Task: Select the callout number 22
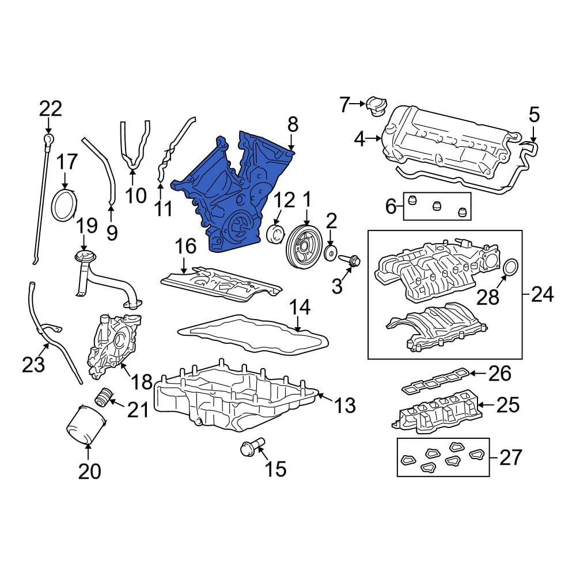[51, 109]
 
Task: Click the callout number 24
[542, 294]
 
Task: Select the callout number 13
[344, 405]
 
